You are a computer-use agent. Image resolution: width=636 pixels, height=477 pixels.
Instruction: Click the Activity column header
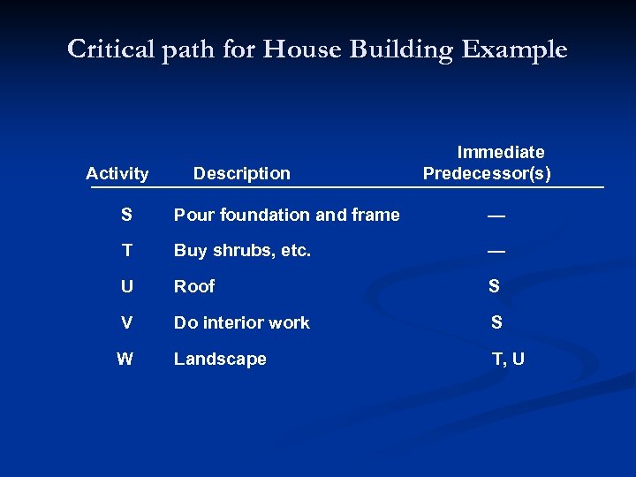tap(117, 174)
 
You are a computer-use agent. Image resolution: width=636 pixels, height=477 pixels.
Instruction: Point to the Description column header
tap(241, 174)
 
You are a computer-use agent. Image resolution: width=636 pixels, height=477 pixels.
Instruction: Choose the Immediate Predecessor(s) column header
tap(487, 163)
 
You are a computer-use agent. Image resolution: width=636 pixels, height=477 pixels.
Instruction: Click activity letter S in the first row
tap(127, 215)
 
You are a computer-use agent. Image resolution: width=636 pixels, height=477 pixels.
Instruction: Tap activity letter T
tap(127, 251)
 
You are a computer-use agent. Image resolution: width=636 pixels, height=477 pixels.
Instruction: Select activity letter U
tap(127, 286)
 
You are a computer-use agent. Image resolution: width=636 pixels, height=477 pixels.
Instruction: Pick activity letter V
tap(127, 322)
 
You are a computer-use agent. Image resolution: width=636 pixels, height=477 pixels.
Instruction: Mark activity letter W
tap(125, 359)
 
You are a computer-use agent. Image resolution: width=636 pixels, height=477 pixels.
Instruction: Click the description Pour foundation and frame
tap(286, 215)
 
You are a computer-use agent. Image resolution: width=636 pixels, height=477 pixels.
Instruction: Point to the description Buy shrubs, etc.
tap(242, 251)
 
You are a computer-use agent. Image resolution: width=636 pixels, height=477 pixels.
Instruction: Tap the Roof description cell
tap(194, 286)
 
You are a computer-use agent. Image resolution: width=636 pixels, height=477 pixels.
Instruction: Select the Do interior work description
tap(241, 322)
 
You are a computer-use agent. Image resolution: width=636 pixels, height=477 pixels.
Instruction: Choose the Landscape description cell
tap(220, 359)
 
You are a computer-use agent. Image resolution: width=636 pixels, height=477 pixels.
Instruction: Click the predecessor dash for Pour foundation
tap(496, 215)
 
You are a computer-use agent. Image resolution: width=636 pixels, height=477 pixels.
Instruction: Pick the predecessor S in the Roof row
tap(494, 286)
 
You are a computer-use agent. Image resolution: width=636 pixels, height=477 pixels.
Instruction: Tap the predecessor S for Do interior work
tap(496, 322)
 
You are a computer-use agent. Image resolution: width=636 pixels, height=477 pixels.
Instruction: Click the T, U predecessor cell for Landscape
tap(508, 359)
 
